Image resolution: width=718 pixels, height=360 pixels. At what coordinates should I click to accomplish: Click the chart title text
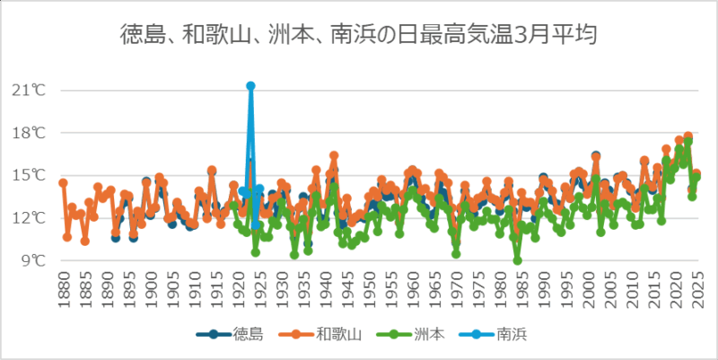coord(359,35)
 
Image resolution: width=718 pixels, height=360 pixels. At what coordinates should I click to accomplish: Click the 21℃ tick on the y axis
coord(34,90)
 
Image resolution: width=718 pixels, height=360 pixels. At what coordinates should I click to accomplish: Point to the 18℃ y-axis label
coord(34,133)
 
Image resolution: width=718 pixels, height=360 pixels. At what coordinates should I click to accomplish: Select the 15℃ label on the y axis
coord(34,175)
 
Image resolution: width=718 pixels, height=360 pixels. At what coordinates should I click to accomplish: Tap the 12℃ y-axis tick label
coord(34,218)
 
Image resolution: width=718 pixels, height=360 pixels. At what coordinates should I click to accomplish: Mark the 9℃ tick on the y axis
coord(37,260)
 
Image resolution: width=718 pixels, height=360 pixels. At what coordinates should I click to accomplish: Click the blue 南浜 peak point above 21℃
coord(250,86)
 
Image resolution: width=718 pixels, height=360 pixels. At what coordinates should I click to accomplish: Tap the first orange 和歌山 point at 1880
coord(63,183)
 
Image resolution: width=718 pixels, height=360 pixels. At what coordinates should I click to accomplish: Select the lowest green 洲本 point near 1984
coord(518,260)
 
